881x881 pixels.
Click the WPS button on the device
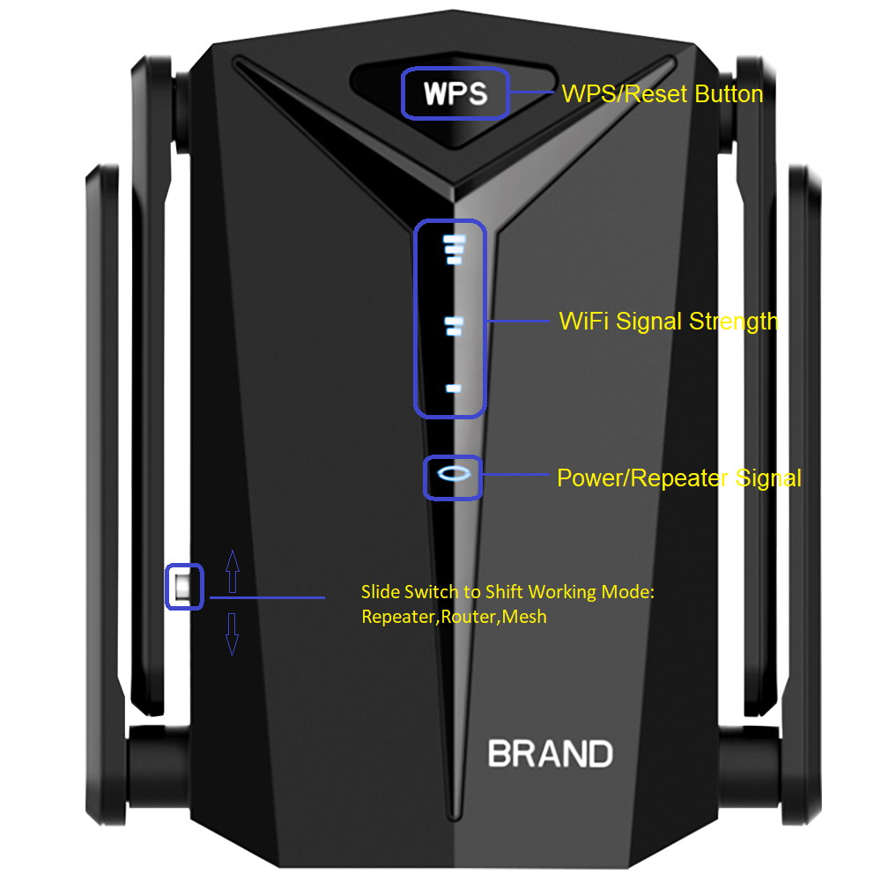[455, 93]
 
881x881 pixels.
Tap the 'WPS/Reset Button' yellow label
[663, 93]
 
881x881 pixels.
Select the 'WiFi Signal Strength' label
[669, 321]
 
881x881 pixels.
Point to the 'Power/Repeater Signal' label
[678, 478]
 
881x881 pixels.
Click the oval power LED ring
[454, 475]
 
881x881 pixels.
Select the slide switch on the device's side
[183, 587]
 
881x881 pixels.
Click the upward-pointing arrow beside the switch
[233, 571]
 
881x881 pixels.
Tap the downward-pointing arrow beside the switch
[233, 633]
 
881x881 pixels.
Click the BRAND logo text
[550, 754]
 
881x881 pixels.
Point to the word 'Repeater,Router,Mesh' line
[454, 617]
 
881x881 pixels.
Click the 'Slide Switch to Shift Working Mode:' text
[507, 592]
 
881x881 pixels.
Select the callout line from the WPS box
[532, 93]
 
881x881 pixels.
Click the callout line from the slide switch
[264, 598]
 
